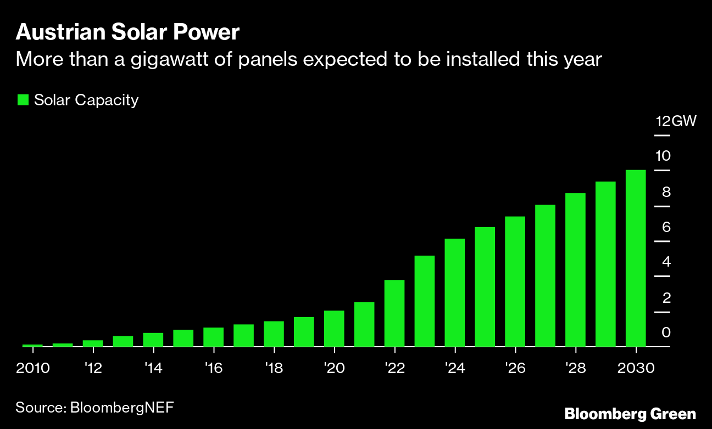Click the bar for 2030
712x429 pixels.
coord(636,258)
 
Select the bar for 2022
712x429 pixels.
coord(394,313)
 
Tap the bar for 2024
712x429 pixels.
coord(455,292)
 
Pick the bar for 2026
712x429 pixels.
coord(515,281)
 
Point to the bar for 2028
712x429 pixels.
coord(575,270)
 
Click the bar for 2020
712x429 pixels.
coord(334,329)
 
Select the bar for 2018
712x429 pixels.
coord(274,334)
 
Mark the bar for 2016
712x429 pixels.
coord(213,337)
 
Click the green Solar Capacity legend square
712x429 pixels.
coord(23,100)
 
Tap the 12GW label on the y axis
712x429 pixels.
coord(676,121)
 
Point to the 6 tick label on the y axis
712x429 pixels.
coord(666,227)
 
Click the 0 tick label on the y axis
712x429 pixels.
coord(666,332)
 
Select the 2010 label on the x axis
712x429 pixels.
coord(32,368)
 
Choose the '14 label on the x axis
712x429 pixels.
coord(153,368)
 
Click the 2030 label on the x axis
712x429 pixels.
coord(636,368)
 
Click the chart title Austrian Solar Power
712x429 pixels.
coord(127,33)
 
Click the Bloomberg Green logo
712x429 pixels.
coord(630,413)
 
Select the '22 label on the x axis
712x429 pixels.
coord(394,368)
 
